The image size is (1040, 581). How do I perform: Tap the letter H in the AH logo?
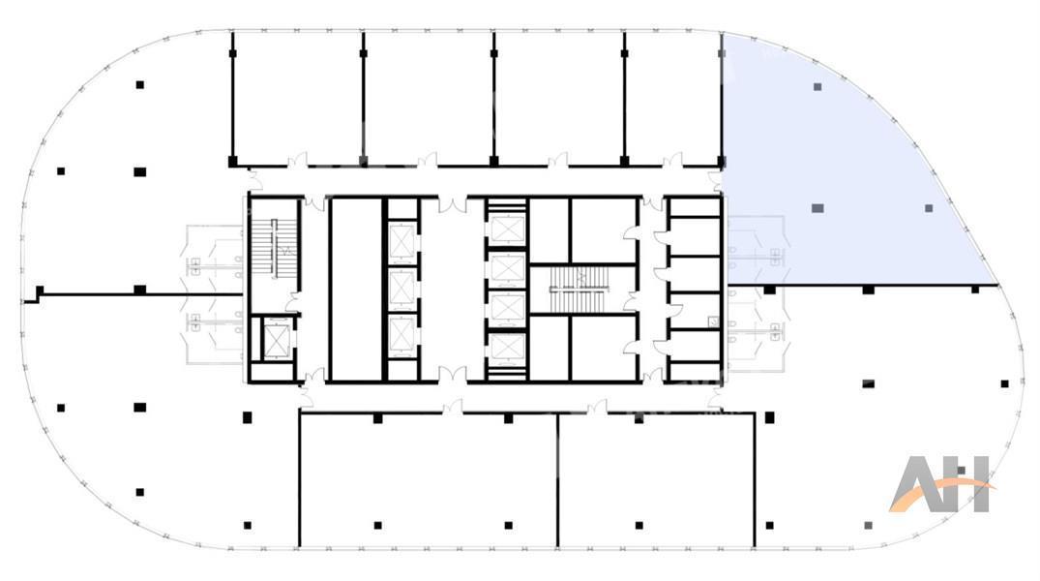969,484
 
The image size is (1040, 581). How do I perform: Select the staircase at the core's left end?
273,246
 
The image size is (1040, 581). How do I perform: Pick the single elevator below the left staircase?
274,340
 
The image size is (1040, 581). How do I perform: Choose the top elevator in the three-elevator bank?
401,241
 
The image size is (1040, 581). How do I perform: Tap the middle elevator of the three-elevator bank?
401,289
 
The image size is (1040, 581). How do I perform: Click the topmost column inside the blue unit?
817,87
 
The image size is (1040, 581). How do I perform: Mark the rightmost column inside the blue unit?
929,208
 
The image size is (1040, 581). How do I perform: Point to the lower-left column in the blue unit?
817,208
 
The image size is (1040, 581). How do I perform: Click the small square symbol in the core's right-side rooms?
713,322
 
